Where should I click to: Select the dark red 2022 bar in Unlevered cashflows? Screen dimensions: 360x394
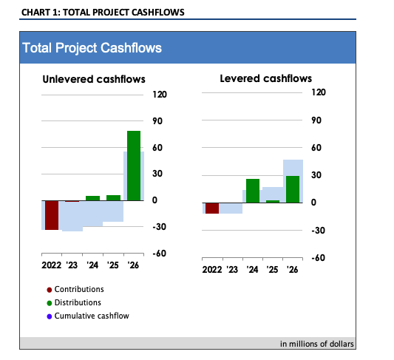(52, 215)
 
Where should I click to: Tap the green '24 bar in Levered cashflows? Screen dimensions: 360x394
(253, 191)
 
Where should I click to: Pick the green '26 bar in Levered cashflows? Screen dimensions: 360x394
(293, 189)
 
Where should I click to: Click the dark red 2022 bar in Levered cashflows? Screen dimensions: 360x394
(212, 208)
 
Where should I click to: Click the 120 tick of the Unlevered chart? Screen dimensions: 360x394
(159, 95)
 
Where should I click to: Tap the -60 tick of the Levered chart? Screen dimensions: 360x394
(318, 258)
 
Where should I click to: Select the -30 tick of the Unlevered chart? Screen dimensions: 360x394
(159, 227)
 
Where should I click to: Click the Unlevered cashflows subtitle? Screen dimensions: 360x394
(93, 79)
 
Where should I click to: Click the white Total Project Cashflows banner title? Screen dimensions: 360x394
(92, 48)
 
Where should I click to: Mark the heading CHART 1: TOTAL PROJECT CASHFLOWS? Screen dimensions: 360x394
(103, 13)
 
